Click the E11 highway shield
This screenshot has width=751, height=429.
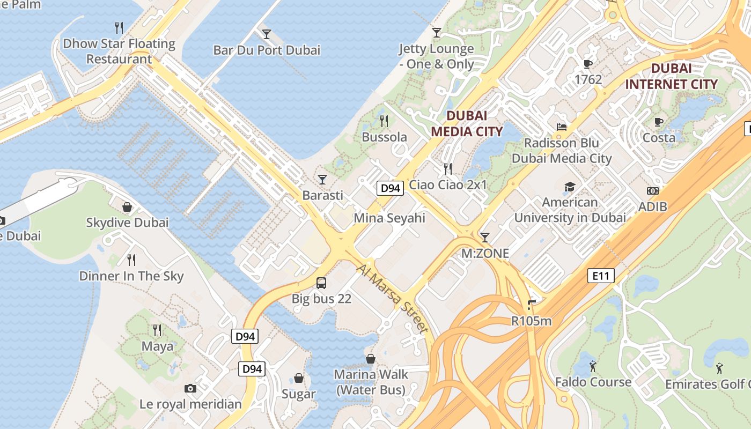click(x=601, y=276)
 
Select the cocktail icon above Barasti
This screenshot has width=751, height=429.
click(x=322, y=179)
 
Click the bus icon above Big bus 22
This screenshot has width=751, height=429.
click(x=321, y=283)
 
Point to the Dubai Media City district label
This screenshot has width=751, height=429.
click(x=467, y=123)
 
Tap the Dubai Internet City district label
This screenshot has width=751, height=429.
click(x=671, y=77)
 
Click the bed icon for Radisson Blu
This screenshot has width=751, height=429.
click(x=561, y=127)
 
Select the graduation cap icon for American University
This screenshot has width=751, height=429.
click(x=570, y=187)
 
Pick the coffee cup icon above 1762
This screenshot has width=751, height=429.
click(x=588, y=64)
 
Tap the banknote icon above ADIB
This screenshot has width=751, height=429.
click(x=653, y=190)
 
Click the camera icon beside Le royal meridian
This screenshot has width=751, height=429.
click(x=190, y=388)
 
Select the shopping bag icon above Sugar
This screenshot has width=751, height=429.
click(x=299, y=378)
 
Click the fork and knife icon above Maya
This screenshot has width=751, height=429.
click(x=157, y=330)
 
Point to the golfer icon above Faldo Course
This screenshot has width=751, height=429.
click(x=593, y=366)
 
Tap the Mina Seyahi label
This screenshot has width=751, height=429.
click(x=389, y=218)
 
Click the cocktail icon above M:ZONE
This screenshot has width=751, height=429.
click(x=485, y=237)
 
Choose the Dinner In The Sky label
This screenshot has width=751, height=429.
click(x=131, y=276)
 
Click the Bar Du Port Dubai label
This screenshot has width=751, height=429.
click(x=267, y=50)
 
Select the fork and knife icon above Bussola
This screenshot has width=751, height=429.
click(x=384, y=121)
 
